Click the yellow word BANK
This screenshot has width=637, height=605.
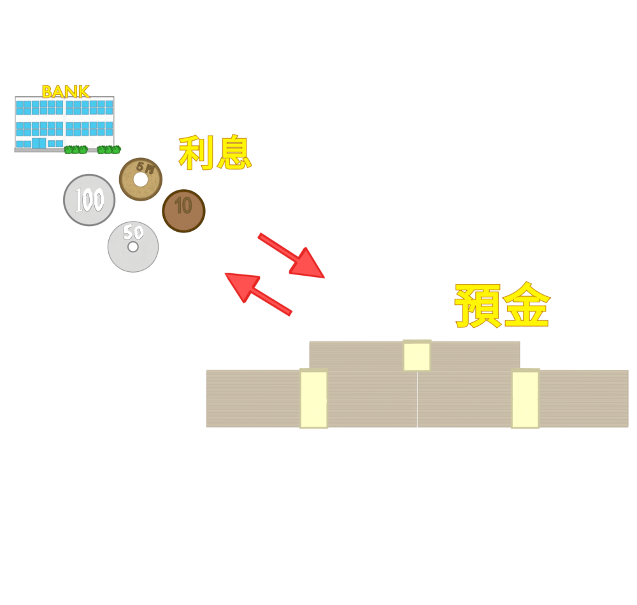(x=66, y=91)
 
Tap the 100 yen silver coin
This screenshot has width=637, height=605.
(x=89, y=200)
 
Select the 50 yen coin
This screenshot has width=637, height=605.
(x=133, y=247)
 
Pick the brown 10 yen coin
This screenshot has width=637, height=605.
(x=183, y=211)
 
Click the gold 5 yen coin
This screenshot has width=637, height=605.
(x=141, y=180)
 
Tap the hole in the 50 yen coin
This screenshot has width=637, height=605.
(x=133, y=246)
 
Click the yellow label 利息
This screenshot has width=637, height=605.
(x=215, y=153)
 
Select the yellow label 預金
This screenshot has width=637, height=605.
(x=502, y=306)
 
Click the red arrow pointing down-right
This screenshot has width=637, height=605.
(x=293, y=256)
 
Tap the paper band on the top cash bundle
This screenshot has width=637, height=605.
(x=417, y=355)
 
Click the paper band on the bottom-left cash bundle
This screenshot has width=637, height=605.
(x=313, y=399)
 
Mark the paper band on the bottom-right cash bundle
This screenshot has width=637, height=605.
(x=525, y=399)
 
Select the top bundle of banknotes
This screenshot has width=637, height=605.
(x=357, y=355)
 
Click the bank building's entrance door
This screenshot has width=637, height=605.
(x=39, y=143)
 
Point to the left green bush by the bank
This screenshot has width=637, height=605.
(x=76, y=150)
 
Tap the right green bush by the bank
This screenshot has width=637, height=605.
(x=109, y=150)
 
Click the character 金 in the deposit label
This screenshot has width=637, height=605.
(x=526, y=306)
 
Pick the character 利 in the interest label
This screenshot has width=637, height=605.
(x=196, y=153)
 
